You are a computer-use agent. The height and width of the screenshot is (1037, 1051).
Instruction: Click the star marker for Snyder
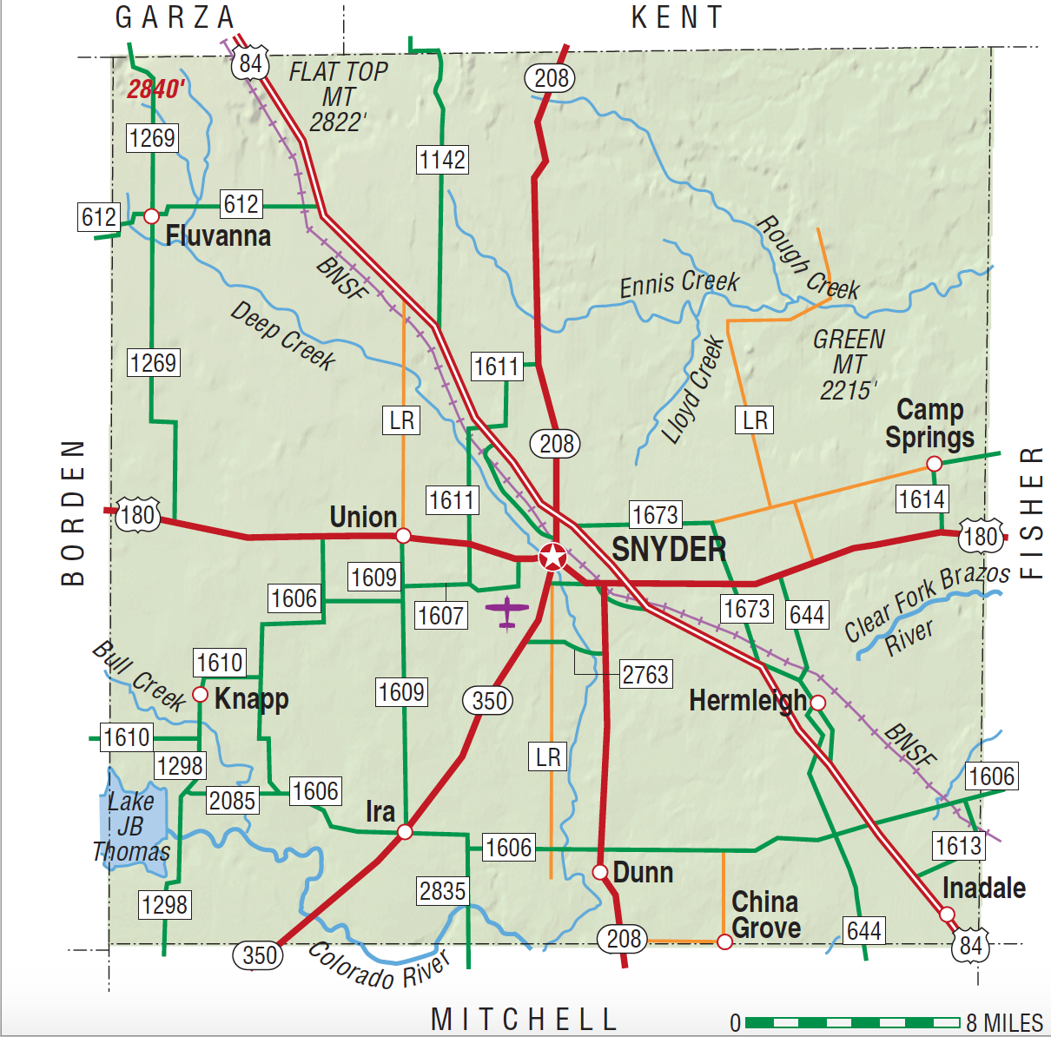tap(552, 557)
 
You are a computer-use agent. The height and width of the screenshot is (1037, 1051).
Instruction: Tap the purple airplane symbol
tap(507, 611)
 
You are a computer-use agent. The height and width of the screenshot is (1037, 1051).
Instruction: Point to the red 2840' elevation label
tap(156, 89)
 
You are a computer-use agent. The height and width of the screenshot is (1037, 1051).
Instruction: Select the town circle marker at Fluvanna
tap(151, 215)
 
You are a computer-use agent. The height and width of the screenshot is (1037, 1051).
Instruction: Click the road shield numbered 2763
tap(645, 675)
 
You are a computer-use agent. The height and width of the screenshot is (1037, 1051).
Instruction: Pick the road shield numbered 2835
tap(443, 891)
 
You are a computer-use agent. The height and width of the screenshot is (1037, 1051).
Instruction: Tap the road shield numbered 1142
tap(442, 160)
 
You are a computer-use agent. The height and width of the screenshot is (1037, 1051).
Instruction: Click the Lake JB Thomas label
tap(131, 826)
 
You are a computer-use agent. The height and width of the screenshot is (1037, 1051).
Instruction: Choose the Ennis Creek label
tap(678, 283)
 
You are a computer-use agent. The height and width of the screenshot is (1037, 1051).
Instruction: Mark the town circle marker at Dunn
tap(599, 872)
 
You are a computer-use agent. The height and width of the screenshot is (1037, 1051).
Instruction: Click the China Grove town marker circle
tap(724, 941)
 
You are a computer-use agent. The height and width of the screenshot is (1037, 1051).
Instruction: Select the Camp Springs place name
tap(929, 423)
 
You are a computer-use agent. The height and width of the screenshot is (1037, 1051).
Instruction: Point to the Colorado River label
tap(379, 967)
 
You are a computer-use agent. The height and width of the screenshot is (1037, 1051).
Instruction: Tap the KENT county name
tap(677, 17)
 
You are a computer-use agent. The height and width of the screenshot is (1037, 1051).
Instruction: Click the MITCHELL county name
tap(524, 1019)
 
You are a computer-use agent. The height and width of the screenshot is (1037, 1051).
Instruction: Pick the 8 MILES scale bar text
tap(1004, 1023)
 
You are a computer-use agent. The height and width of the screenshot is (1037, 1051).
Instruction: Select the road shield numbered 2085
tap(232, 801)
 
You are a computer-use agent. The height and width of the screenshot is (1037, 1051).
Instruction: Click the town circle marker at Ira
tap(405, 832)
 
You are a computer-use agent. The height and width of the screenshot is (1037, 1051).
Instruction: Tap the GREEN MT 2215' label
tap(849, 365)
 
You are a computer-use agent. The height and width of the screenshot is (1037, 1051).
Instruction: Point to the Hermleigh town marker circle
tap(817, 703)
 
